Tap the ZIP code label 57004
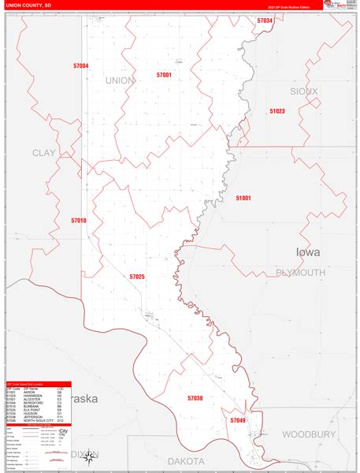[80, 66]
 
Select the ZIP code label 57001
[164, 75]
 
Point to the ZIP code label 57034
[265, 21]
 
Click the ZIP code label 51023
[276, 111]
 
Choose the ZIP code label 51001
[243, 198]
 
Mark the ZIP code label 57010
[79, 221]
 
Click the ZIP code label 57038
[195, 398]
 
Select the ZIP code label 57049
[238, 420]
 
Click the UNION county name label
[121, 80]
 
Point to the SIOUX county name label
[304, 91]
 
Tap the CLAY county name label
[43, 152]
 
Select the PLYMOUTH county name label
[300, 273]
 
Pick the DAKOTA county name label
[186, 460]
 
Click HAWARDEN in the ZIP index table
[35, 396]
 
